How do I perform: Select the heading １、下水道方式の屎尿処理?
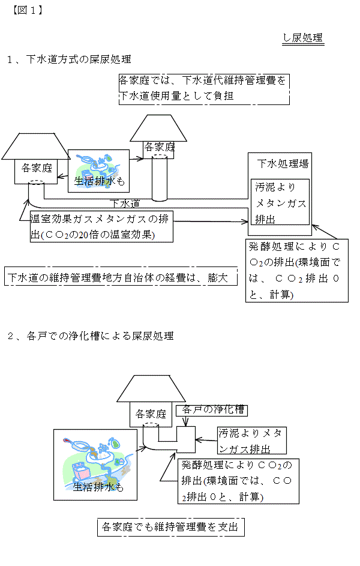(x=68, y=59)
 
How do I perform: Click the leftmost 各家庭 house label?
(x=37, y=167)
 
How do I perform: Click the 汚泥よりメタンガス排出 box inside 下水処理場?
(x=281, y=203)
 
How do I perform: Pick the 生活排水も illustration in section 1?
(x=99, y=170)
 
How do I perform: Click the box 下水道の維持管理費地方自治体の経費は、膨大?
(x=121, y=278)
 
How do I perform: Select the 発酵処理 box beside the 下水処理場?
(x=296, y=271)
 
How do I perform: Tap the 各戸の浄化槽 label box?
(x=212, y=409)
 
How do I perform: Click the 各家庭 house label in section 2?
(x=150, y=414)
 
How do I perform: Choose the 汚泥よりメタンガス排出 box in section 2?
(x=251, y=440)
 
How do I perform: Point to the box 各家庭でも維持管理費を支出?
(x=170, y=528)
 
